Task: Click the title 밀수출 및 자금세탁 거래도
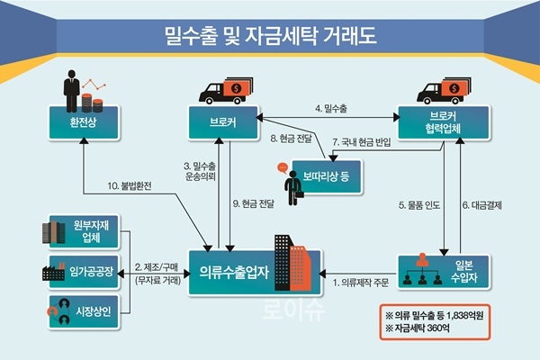[x=270, y=37]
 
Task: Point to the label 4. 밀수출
[x=330, y=108]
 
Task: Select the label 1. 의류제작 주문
[x=360, y=283]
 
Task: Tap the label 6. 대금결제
[x=486, y=204]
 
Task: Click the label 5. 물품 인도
[x=418, y=204]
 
